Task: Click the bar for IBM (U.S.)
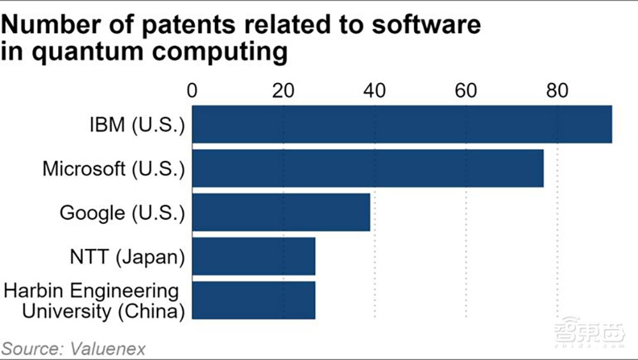(402, 124)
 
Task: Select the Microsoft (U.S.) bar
(367, 169)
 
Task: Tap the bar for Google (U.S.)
(281, 213)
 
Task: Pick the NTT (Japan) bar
(253, 257)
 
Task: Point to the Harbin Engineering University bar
(253, 300)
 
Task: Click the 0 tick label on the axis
(192, 91)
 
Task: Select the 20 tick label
(283, 91)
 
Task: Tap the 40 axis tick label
(375, 91)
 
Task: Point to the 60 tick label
(466, 91)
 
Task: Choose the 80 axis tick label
(557, 91)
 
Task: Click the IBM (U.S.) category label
(137, 124)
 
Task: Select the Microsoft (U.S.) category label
(114, 169)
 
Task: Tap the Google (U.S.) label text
(122, 213)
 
